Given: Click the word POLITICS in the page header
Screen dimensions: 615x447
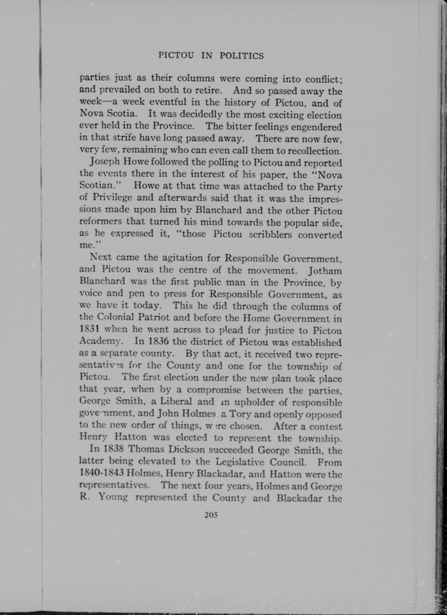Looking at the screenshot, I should pos(241,56).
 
